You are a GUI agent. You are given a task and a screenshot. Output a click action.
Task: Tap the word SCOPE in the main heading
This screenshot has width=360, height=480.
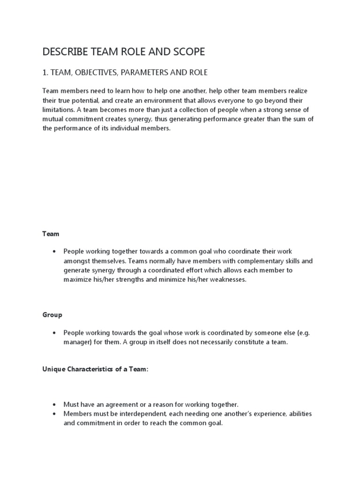tap(187, 52)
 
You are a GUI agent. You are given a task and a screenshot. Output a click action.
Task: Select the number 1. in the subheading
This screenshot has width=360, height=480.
tap(45, 73)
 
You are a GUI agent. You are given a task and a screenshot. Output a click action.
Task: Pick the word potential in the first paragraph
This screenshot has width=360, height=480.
tap(89, 101)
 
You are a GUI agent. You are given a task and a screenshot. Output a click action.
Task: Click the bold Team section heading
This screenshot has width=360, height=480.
tap(51, 233)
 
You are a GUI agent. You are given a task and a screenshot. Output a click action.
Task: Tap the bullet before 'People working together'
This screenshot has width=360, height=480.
tap(55, 252)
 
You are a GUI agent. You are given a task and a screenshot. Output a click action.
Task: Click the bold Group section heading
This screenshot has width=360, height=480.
tap(52, 315)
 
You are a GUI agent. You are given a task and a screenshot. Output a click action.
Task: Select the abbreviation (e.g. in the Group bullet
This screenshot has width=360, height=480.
tap(302, 333)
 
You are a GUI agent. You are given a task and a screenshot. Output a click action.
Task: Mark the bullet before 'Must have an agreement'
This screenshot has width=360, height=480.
tap(55, 405)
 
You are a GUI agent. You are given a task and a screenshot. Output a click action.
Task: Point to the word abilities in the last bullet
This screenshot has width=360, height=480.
tap(299, 414)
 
